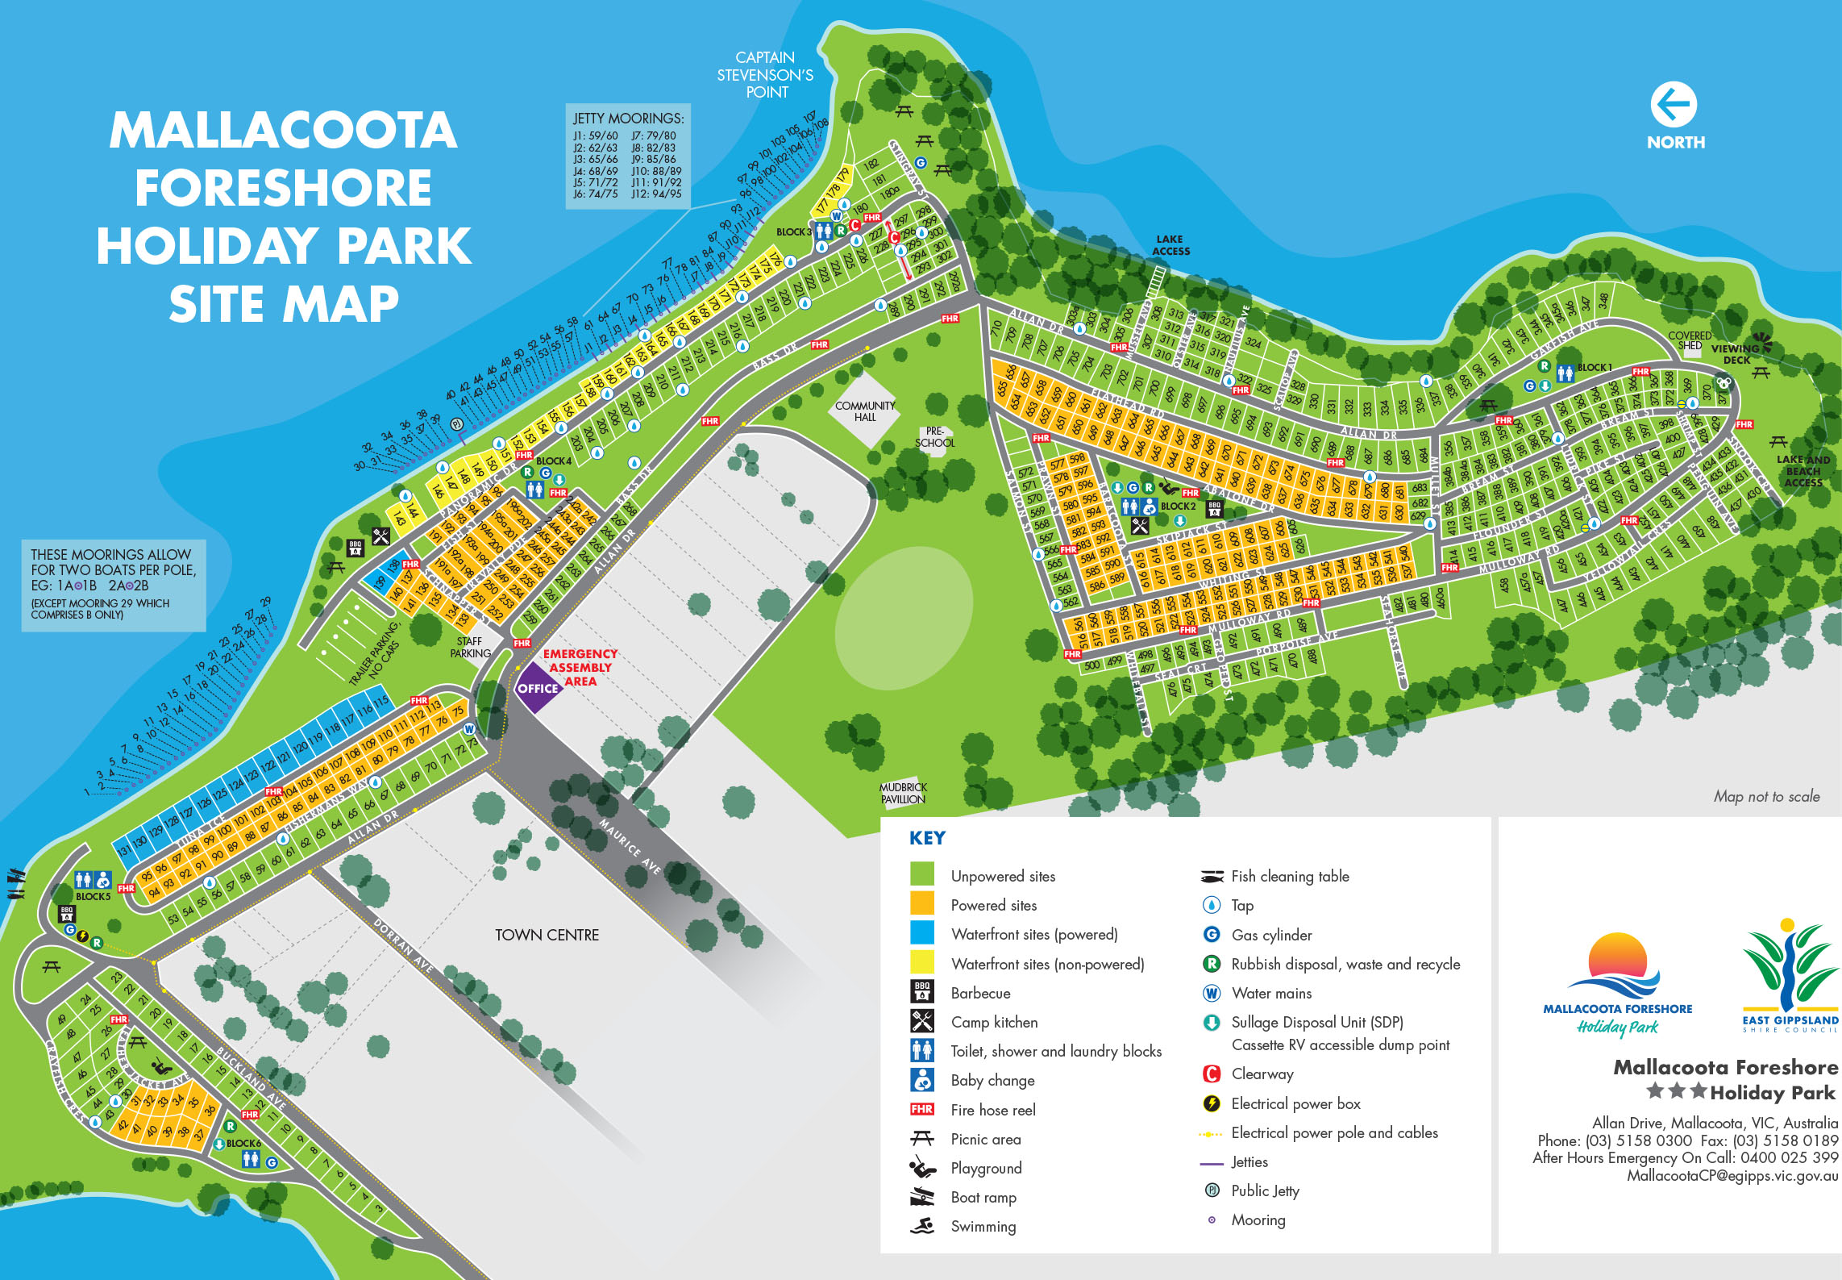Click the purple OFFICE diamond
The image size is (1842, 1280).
[538, 688]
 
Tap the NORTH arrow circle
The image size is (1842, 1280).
[1674, 105]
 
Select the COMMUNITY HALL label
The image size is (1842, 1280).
[865, 411]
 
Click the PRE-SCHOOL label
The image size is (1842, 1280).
[934, 437]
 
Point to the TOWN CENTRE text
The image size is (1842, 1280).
[547, 935]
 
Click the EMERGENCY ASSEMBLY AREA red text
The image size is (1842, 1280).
[580, 667]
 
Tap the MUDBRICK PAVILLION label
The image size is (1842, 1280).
[903, 793]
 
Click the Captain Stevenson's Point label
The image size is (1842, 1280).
[765, 75]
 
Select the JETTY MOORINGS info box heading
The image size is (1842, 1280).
[628, 119]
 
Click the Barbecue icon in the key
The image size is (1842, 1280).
[921, 992]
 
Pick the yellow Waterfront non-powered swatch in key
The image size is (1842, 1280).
[921, 962]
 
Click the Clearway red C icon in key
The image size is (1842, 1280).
[1211, 1074]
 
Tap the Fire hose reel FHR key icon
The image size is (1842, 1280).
[921, 1109]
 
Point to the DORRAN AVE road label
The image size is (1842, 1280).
[403, 944]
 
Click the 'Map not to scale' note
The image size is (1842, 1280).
[1766, 796]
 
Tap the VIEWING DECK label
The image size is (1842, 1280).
[1736, 354]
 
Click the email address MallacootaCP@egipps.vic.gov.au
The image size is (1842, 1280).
[1732, 1176]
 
